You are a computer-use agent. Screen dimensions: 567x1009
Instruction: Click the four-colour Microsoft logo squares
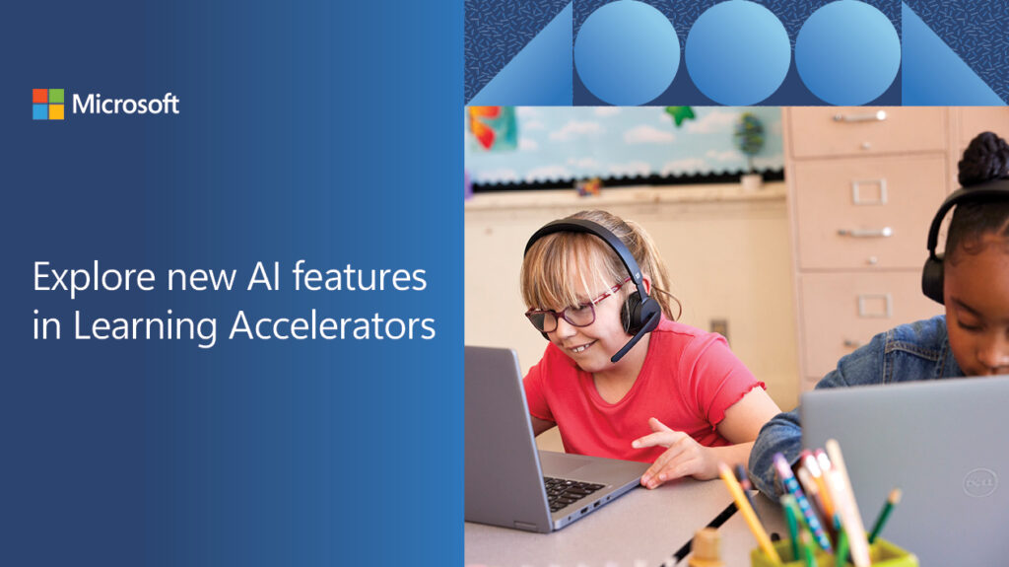pos(48,104)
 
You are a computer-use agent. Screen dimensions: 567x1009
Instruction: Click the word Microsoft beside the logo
pos(125,104)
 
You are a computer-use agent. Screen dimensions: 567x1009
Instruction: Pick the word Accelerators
pos(332,325)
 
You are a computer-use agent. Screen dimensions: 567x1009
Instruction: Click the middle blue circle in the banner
pos(737,52)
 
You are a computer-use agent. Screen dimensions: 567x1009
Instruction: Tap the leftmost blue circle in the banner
pos(627,52)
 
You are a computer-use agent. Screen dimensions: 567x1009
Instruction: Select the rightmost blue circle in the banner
pos(847,52)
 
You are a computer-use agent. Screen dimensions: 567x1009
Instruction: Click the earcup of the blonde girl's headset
pos(640,315)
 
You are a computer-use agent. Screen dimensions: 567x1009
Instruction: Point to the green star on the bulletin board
pos(680,115)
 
